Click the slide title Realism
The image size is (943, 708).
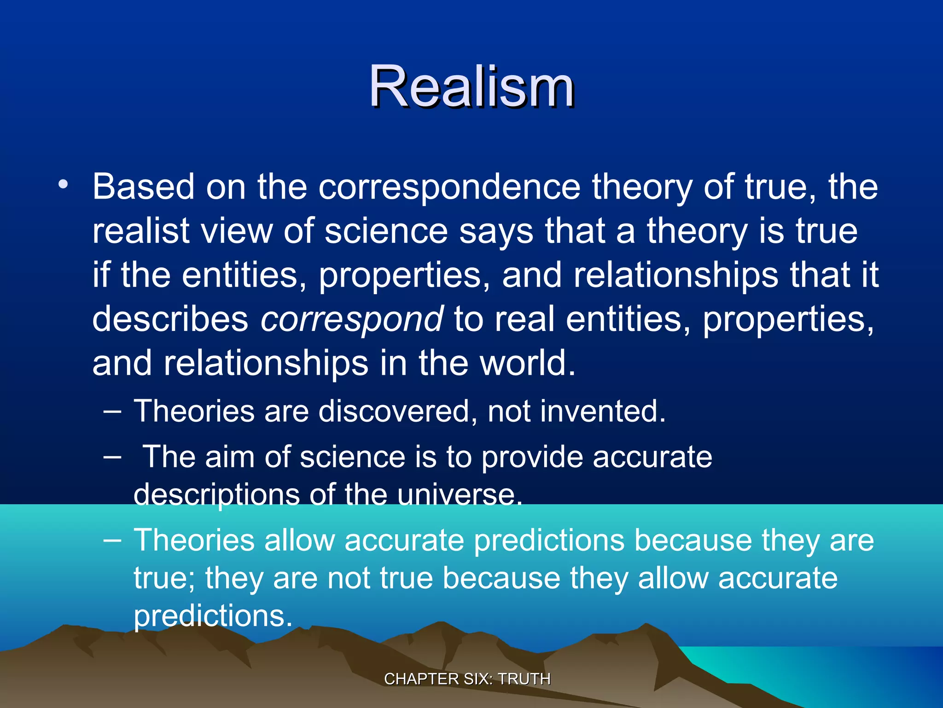coord(471,87)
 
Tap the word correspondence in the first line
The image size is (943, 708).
coord(449,187)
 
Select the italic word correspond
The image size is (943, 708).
coord(352,319)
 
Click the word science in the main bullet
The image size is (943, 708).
coord(386,231)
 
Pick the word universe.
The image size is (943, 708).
coord(459,495)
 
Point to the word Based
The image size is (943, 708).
coord(144,187)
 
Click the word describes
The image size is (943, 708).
coord(170,319)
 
